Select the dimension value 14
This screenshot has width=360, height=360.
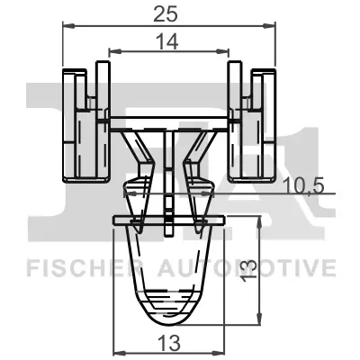[x=166, y=40]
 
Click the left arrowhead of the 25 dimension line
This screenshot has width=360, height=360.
[x=66, y=26]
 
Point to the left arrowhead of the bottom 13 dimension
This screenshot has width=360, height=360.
[x=114, y=353]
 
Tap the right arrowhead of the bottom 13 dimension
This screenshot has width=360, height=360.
[x=220, y=353]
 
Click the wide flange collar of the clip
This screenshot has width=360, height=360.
[x=167, y=219]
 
